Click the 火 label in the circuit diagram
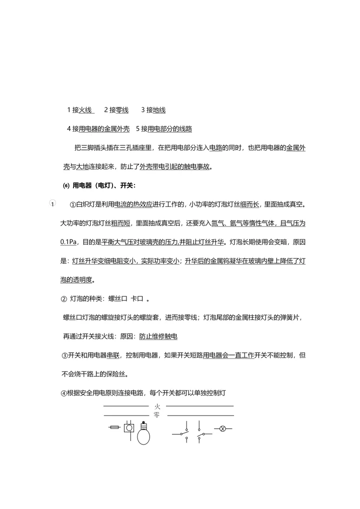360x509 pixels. [157, 406]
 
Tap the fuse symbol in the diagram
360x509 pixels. [113, 427]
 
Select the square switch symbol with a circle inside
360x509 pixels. [129, 428]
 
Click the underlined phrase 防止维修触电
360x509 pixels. [157, 336]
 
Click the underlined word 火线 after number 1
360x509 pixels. [85, 110]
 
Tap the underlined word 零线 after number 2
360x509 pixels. [122, 110]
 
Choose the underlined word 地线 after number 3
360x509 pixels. [159, 110]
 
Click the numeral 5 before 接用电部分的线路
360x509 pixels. [138, 129]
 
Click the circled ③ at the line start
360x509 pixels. [64, 355]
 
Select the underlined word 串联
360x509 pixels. [112, 355]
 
